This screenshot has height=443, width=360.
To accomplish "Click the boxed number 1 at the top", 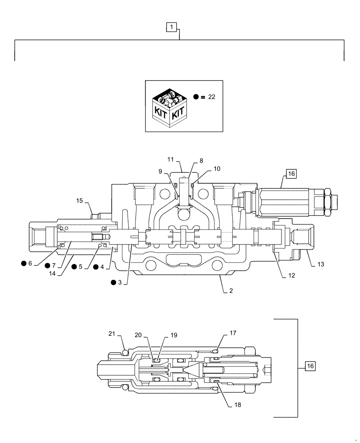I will point(172,28).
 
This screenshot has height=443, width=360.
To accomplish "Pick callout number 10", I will point(216,168).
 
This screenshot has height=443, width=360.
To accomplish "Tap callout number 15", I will point(79,201).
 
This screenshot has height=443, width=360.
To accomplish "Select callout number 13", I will point(321,264).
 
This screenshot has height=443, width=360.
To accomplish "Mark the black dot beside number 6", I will point(23,264).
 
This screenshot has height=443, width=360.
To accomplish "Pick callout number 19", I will point(173,335).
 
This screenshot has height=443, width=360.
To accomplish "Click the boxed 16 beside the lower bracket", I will point(310,366).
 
